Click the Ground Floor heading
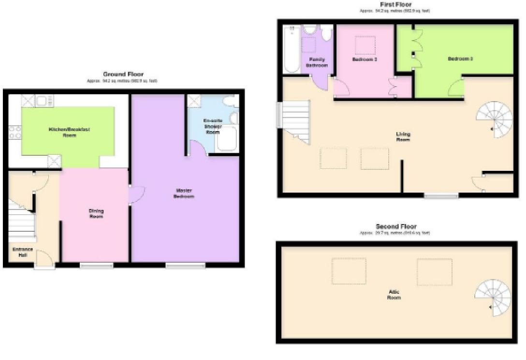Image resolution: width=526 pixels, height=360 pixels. click(x=123, y=74)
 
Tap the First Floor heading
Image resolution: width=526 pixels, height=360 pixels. click(x=395, y=4)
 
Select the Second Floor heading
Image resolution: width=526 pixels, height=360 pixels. click(x=396, y=226)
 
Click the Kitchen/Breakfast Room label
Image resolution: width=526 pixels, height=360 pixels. click(x=69, y=132)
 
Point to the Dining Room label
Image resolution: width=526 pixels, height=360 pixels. click(x=96, y=213)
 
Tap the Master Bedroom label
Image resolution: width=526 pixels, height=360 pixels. click(x=185, y=194)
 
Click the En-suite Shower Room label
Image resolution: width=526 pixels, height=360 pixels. click(x=213, y=126)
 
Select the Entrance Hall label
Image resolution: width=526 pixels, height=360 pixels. click(x=23, y=252)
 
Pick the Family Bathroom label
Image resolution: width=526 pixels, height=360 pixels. click(x=317, y=62)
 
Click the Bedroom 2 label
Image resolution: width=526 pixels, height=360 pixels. click(x=365, y=59)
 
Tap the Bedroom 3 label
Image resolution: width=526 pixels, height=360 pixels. click(x=460, y=59)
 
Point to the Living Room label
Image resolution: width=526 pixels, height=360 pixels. click(x=403, y=136)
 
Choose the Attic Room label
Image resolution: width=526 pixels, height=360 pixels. click(x=394, y=295)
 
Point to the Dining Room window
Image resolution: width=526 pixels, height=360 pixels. click(x=97, y=265)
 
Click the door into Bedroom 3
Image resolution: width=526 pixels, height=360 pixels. click(x=455, y=89)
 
